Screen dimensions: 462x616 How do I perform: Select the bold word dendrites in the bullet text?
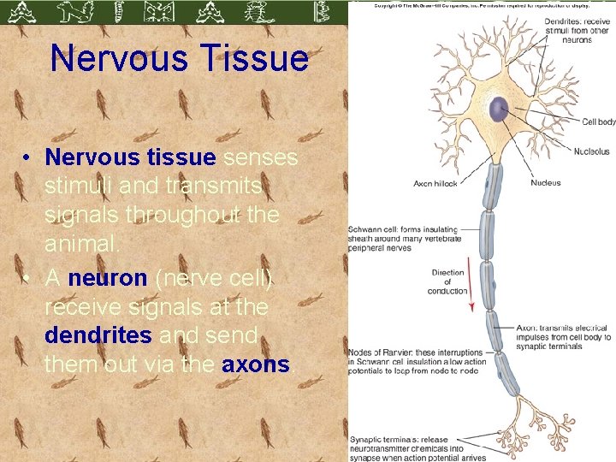click(98, 335)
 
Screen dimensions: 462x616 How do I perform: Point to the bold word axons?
click(256, 364)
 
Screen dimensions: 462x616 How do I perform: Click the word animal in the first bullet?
click(82, 245)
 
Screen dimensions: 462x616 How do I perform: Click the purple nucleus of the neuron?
click(498, 109)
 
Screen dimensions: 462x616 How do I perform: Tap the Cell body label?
click(598, 122)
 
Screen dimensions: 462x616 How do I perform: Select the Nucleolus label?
click(591, 151)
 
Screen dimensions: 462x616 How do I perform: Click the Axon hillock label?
click(435, 183)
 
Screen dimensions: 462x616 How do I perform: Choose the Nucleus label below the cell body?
click(545, 182)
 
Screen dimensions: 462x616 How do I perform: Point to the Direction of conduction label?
click(447, 282)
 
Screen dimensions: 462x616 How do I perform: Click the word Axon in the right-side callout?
click(527, 328)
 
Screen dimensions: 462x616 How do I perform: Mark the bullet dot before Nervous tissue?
click(28, 158)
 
